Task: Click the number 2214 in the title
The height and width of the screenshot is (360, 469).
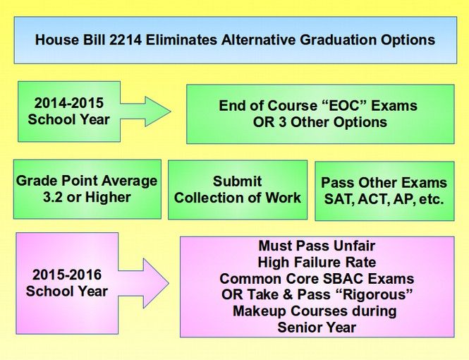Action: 126,40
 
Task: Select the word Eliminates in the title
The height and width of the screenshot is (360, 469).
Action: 181,40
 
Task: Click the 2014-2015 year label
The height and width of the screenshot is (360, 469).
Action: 69,103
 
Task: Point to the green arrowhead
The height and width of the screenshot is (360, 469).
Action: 158,112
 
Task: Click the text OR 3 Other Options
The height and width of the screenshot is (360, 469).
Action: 320,122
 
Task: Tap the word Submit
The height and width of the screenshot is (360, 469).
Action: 238,181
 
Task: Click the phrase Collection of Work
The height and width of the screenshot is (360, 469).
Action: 238,198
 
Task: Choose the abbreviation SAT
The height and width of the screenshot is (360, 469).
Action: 339,199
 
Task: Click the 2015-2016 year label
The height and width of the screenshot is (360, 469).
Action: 67,275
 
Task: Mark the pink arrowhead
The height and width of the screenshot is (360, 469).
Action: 156,283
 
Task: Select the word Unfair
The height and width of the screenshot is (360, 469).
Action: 354,246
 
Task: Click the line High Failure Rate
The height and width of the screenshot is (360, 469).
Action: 317,263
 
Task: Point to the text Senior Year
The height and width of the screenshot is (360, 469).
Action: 317,328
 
